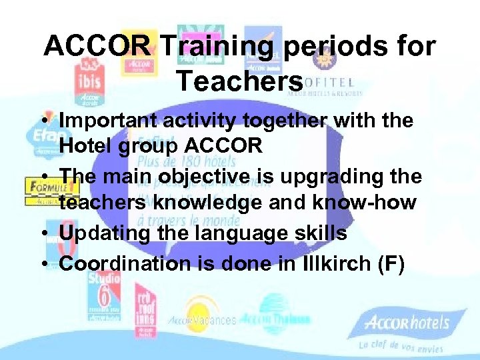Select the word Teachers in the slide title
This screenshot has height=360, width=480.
(x=239, y=81)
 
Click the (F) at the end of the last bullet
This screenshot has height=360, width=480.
(x=391, y=263)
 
